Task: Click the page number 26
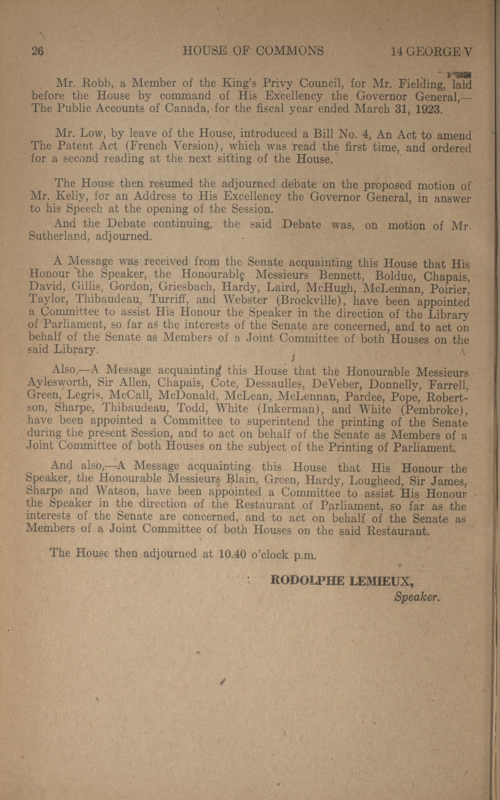(37, 51)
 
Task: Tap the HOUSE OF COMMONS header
(253, 51)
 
